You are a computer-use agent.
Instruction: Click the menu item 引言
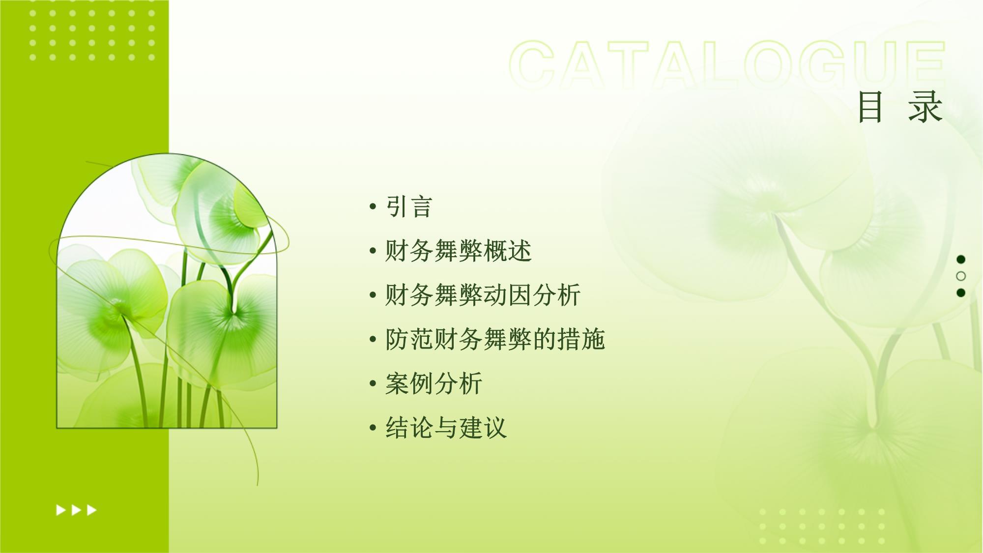click(x=409, y=206)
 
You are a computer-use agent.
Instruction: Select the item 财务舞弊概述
click(x=459, y=251)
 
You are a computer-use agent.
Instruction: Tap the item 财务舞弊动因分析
click(x=483, y=295)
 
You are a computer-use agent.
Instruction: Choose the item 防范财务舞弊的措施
click(x=495, y=339)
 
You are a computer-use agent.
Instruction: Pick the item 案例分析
click(x=434, y=383)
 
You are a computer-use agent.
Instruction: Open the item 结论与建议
click(x=446, y=428)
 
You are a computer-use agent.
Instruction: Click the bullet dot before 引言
click(x=373, y=207)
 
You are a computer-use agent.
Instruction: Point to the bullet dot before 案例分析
click(x=373, y=384)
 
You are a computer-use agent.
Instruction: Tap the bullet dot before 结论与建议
click(x=373, y=428)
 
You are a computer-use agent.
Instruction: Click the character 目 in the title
click(x=870, y=107)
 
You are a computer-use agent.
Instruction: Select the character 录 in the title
click(x=925, y=107)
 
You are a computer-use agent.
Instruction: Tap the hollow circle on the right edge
click(x=961, y=276)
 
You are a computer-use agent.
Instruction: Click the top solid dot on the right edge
click(x=961, y=259)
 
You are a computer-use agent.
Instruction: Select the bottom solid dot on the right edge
click(x=961, y=293)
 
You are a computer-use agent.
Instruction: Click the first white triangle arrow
click(x=61, y=510)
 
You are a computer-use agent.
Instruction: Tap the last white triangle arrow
click(x=92, y=510)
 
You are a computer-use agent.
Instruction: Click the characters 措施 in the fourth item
click(x=581, y=339)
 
